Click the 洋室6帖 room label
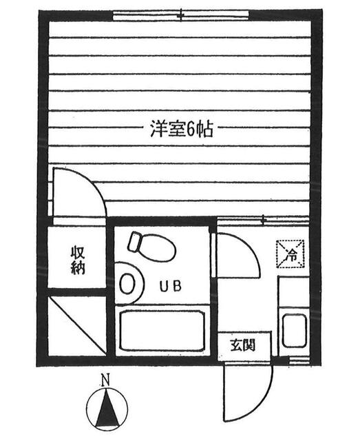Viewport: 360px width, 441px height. [x=182, y=129]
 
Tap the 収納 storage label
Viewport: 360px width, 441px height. [x=78, y=260]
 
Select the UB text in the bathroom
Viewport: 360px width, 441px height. [x=171, y=287]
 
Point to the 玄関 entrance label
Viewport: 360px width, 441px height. [x=243, y=345]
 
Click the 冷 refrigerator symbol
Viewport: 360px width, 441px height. [x=290, y=254]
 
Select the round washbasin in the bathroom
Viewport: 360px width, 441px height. [x=127, y=283]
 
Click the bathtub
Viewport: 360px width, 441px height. [x=161, y=330]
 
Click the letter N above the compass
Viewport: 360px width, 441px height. [x=106, y=380]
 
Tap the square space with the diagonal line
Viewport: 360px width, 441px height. [x=76, y=326]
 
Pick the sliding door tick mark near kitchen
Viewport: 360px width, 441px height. [x=264, y=220]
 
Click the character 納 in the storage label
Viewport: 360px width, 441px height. [x=78, y=268]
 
